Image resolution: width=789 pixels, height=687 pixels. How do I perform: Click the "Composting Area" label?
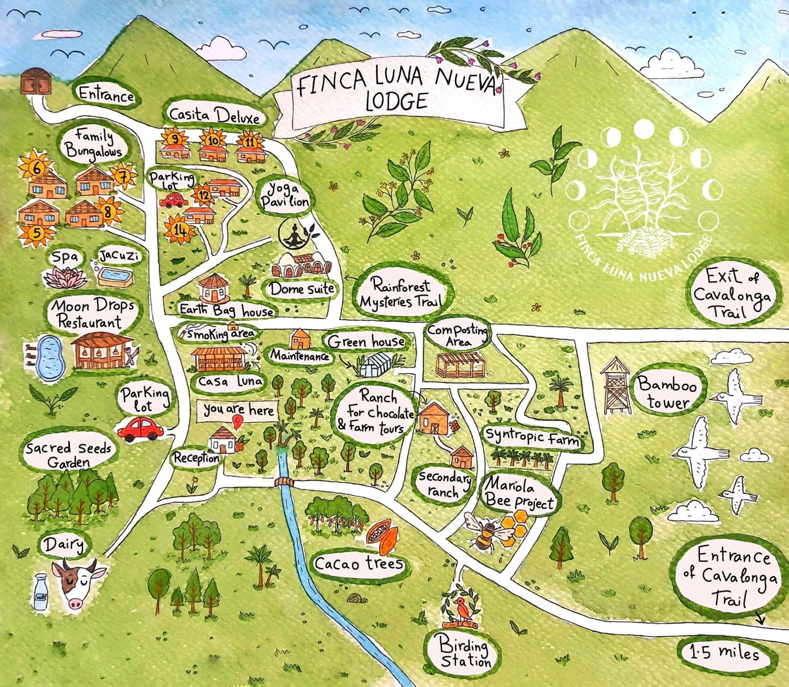tap(458, 335)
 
